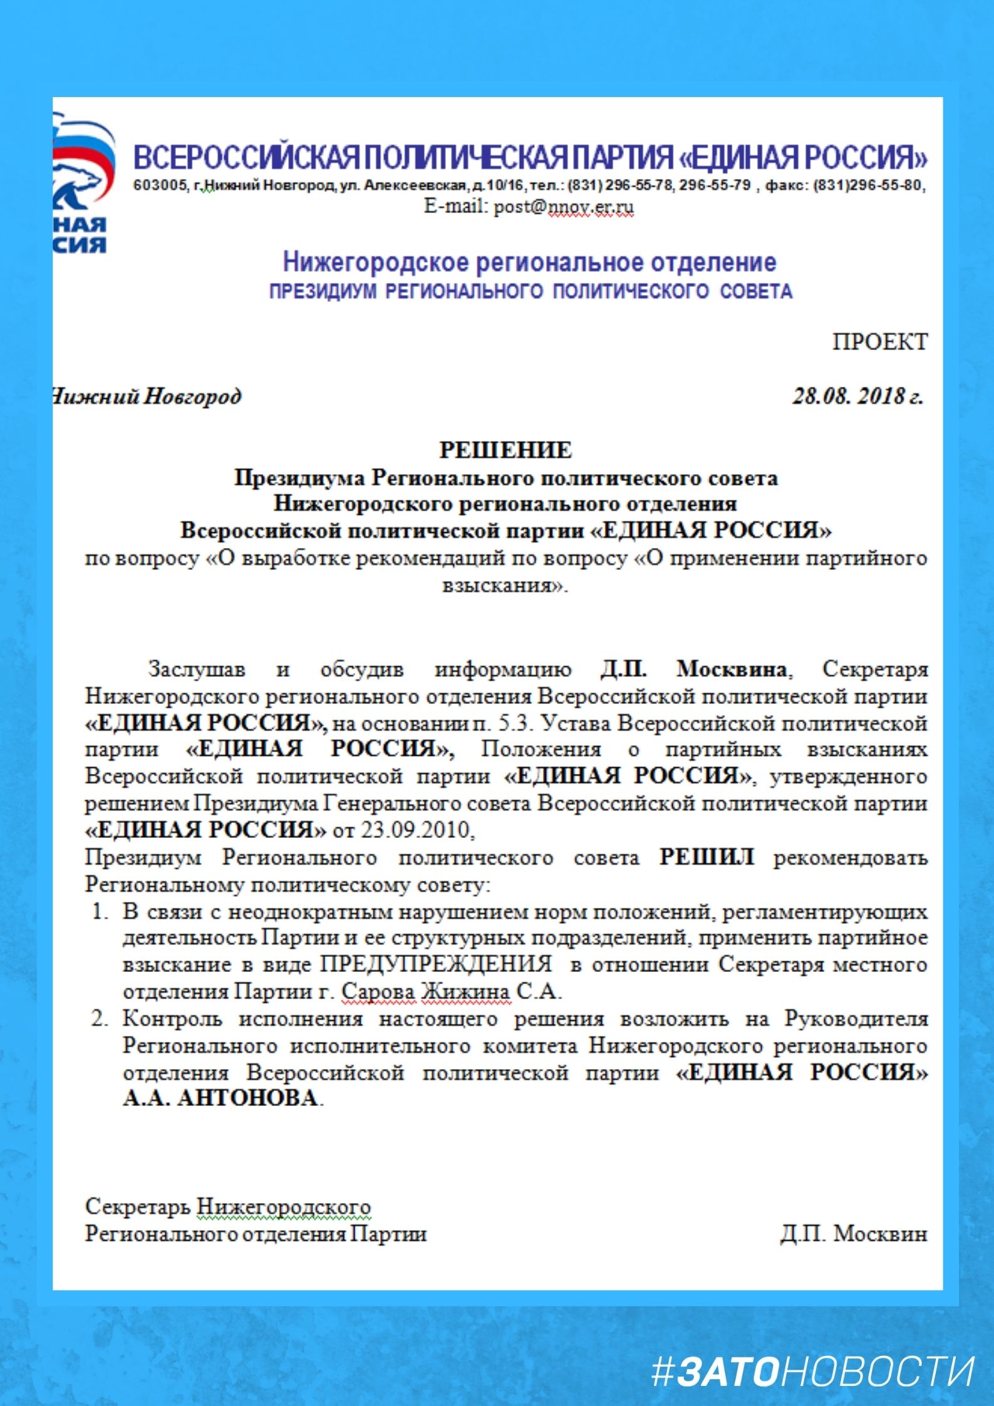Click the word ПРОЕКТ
879,342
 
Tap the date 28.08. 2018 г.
857,396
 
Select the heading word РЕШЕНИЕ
505,450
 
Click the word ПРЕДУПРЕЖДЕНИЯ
437,964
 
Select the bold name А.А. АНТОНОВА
220,1098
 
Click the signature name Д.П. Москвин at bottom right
853,1233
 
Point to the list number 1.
100,911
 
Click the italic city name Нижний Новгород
146,396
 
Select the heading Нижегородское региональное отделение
529,262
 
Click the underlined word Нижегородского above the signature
284,1206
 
